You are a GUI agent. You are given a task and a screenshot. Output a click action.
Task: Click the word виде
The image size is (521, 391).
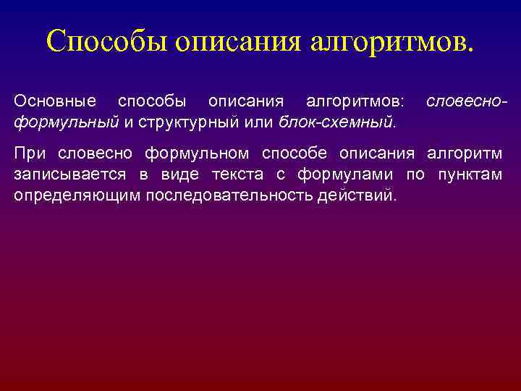pos(168,175)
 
